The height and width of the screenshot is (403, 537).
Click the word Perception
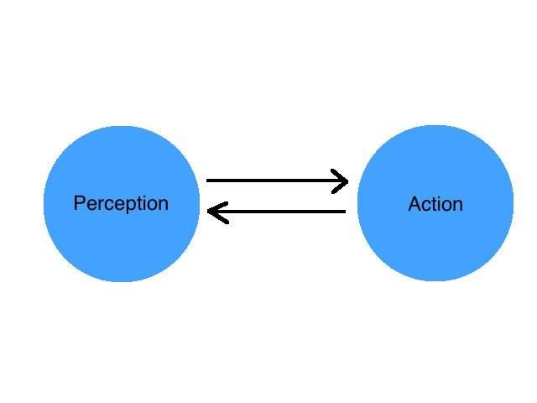(121, 203)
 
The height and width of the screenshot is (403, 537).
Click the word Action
(435, 204)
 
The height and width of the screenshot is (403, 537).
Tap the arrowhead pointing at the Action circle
(340, 181)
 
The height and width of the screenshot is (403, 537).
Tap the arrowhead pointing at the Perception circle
(217, 212)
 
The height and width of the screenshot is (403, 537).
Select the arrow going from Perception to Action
(278, 181)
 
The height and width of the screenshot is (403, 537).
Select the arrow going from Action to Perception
(276, 212)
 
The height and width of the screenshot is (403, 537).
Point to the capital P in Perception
(80, 202)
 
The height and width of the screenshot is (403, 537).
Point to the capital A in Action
(415, 204)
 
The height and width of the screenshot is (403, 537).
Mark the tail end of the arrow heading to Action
(207, 181)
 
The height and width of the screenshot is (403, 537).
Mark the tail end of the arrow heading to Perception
(345, 212)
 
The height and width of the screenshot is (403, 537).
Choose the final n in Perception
(164, 205)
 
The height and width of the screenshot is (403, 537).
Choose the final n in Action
(458, 206)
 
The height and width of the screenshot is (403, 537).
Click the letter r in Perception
(101, 205)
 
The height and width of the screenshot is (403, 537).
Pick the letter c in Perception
(109, 205)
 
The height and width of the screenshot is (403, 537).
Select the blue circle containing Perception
(122, 204)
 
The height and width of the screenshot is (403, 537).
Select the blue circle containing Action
(435, 203)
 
